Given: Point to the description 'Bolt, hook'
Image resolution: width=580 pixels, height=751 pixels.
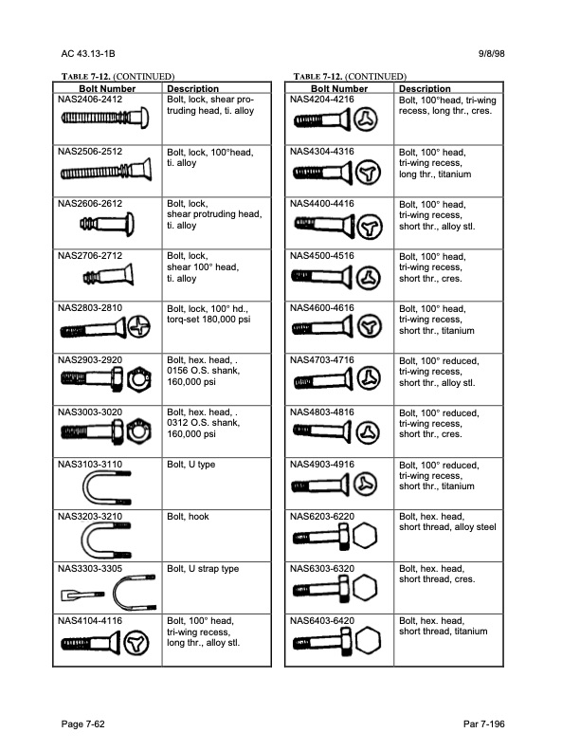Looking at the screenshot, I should coord(189,517).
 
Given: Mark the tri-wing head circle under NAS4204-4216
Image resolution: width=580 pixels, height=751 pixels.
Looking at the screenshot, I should coord(365,120).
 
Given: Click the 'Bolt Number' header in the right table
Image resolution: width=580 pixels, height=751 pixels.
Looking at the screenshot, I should coord(339,88).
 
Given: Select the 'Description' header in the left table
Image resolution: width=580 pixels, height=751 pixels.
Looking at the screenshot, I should coord(192,88).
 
